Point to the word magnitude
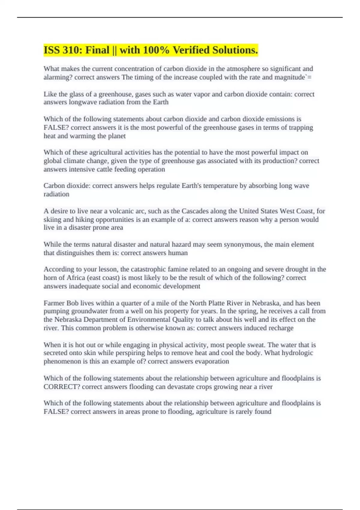click(289, 77)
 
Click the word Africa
click(76, 278)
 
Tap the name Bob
click(72, 303)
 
